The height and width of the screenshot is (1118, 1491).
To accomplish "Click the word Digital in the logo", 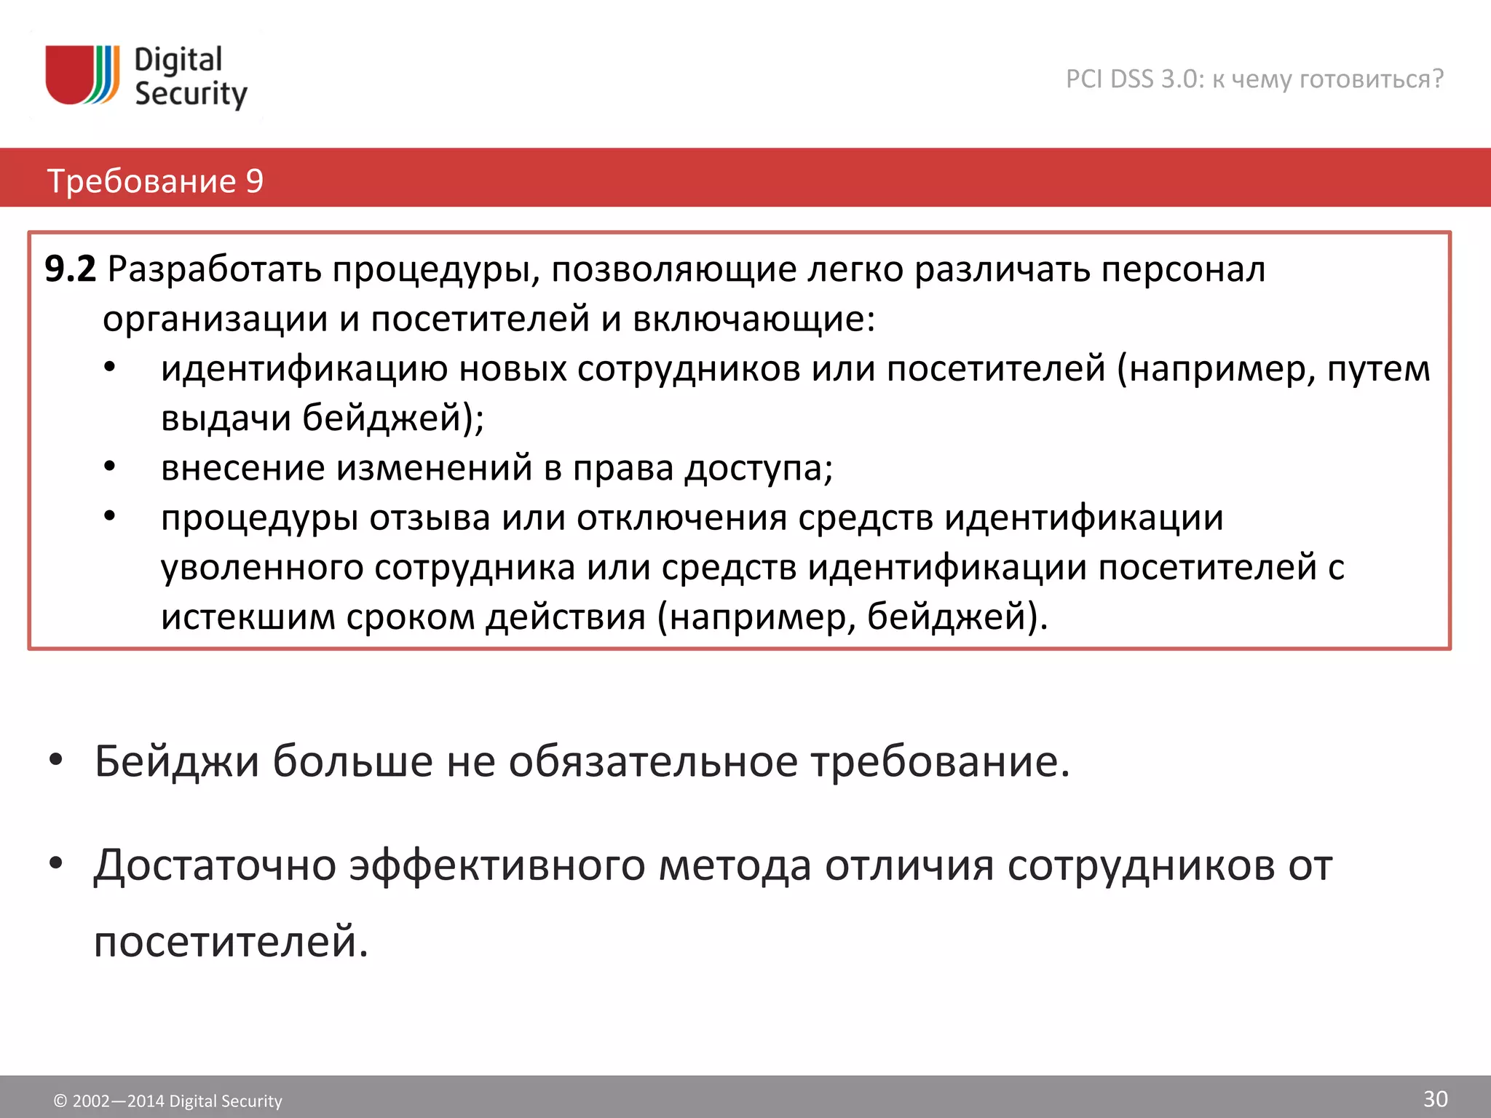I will (178, 60).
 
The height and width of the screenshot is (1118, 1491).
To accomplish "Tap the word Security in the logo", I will (191, 95).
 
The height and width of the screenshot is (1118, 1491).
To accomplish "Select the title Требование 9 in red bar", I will (155, 181).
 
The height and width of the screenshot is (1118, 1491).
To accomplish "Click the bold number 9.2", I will (70, 269).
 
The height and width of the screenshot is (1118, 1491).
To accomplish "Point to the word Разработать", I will (215, 269).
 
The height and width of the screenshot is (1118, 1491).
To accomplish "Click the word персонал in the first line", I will (1183, 269).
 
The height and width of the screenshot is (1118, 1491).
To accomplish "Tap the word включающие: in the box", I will (754, 319).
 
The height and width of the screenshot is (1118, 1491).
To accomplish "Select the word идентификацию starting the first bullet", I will (304, 368).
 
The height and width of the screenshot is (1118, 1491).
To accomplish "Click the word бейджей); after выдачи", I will (393, 418).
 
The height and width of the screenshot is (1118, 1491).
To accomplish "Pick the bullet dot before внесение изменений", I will (110, 466).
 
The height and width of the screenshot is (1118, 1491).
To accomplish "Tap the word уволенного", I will (262, 567).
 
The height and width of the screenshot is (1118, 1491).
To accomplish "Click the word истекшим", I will (248, 617).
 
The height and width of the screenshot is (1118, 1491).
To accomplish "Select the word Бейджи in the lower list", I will (177, 761).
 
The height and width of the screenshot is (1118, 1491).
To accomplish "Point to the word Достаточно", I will (215, 865).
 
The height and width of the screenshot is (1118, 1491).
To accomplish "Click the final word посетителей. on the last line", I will (232, 941).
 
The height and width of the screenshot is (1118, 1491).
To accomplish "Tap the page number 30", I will (1435, 1098).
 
